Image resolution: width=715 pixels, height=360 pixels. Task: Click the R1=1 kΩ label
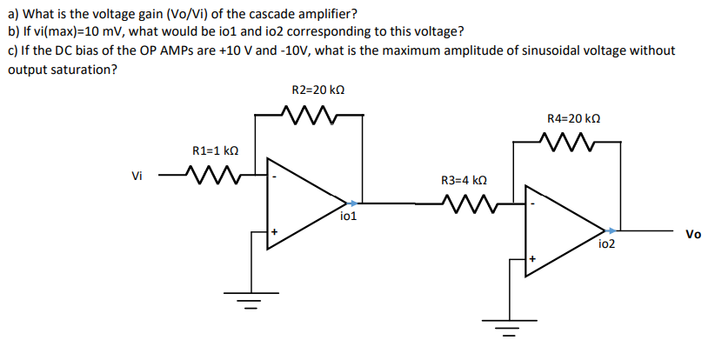215,151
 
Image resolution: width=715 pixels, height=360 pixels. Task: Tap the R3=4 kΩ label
462,181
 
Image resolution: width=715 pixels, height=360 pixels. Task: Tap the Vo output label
693,234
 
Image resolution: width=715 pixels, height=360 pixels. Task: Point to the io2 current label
606,244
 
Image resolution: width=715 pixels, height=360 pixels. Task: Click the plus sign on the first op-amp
273,232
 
